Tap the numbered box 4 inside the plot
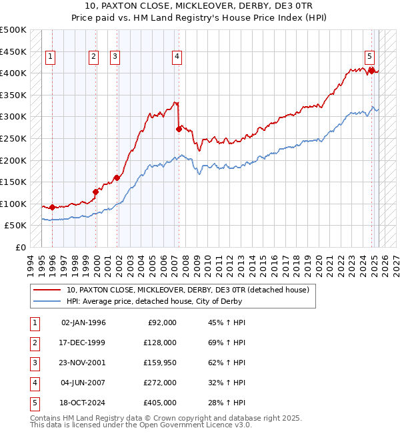point(177,57)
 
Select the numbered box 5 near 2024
point(369,57)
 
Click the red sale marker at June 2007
point(179,129)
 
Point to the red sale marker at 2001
point(117,178)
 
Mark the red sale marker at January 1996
point(52,207)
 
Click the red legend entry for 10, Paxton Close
point(187,290)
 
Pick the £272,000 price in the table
point(161,383)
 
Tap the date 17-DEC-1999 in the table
point(83,343)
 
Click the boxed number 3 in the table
point(33,363)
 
